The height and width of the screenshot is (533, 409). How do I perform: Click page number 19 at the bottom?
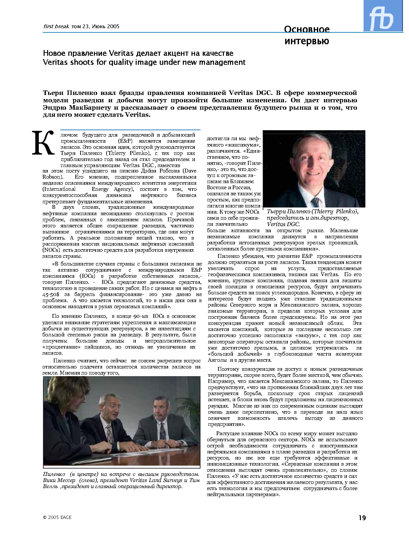[362, 517]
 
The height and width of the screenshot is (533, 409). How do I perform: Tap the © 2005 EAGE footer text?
[57, 517]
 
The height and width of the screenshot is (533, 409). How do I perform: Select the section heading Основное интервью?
[307, 35]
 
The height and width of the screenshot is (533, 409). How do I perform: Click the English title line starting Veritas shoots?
[144, 62]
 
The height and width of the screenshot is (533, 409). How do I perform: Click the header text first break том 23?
[81, 26]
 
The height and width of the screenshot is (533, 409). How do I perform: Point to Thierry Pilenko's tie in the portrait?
[316, 202]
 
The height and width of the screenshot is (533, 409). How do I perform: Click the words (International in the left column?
[59, 189]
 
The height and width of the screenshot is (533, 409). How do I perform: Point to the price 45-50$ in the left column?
[51, 294]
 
